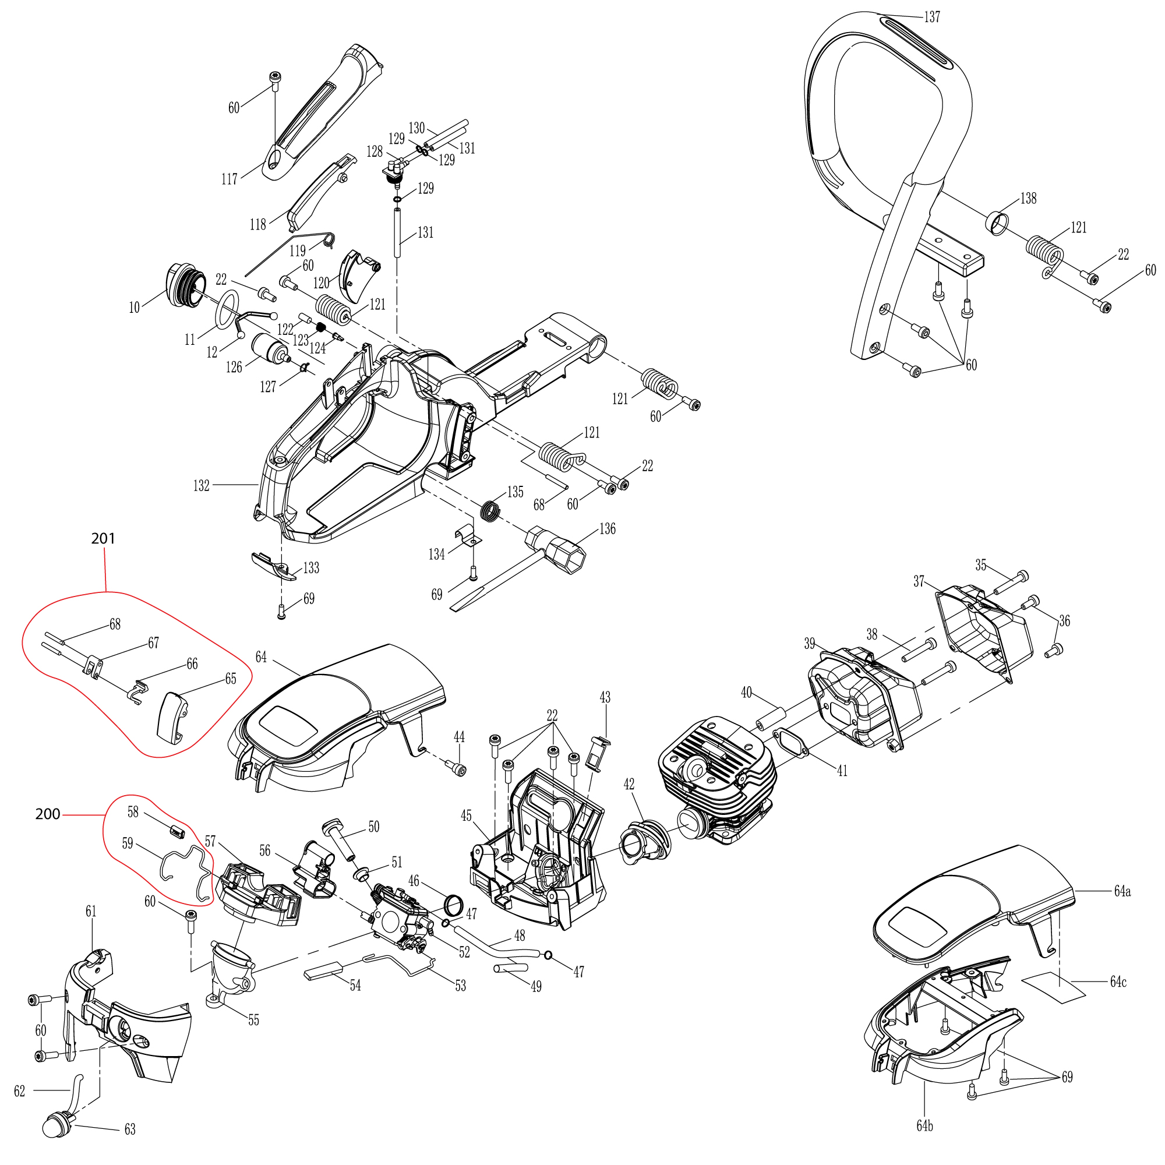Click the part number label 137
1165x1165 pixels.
931,17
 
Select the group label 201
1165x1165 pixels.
103,538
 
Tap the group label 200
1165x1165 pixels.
48,814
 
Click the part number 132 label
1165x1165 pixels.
202,485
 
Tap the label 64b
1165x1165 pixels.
924,1126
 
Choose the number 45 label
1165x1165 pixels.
466,816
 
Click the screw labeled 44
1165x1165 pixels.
458,769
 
